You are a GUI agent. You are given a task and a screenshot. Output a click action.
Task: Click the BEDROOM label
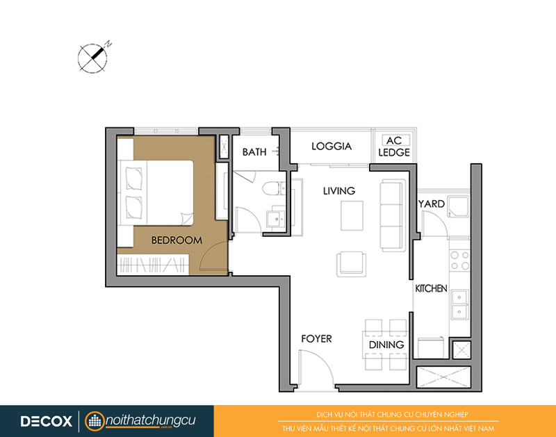coord(177,240)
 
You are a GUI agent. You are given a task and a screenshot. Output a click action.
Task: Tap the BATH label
coord(254,152)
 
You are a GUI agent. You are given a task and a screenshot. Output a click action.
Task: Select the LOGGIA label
coord(332,146)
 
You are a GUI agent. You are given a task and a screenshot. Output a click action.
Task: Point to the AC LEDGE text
coord(394,147)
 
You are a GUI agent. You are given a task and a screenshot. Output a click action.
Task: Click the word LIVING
coord(339,191)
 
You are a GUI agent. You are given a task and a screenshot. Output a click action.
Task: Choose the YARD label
coord(432,204)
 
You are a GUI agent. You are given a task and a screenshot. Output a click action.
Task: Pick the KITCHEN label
coord(431,288)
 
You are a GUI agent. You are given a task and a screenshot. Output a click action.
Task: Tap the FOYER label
coord(317,339)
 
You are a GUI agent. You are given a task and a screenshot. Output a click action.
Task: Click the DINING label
coord(386,345)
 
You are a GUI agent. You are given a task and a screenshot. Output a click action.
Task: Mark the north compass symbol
coord(93,58)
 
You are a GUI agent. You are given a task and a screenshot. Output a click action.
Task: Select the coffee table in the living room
coord(352,215)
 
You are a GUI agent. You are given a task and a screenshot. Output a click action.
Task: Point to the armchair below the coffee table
coord(351,265)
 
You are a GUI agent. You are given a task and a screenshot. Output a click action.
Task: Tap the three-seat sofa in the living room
coord(393,215)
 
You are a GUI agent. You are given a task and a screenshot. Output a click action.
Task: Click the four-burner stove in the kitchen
coord(460,261)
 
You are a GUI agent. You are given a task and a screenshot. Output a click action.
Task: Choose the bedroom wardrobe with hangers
coord(153,265)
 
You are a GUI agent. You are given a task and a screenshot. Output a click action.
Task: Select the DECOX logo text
coord(46,422)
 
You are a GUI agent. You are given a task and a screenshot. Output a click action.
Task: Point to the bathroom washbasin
coord(275,219)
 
